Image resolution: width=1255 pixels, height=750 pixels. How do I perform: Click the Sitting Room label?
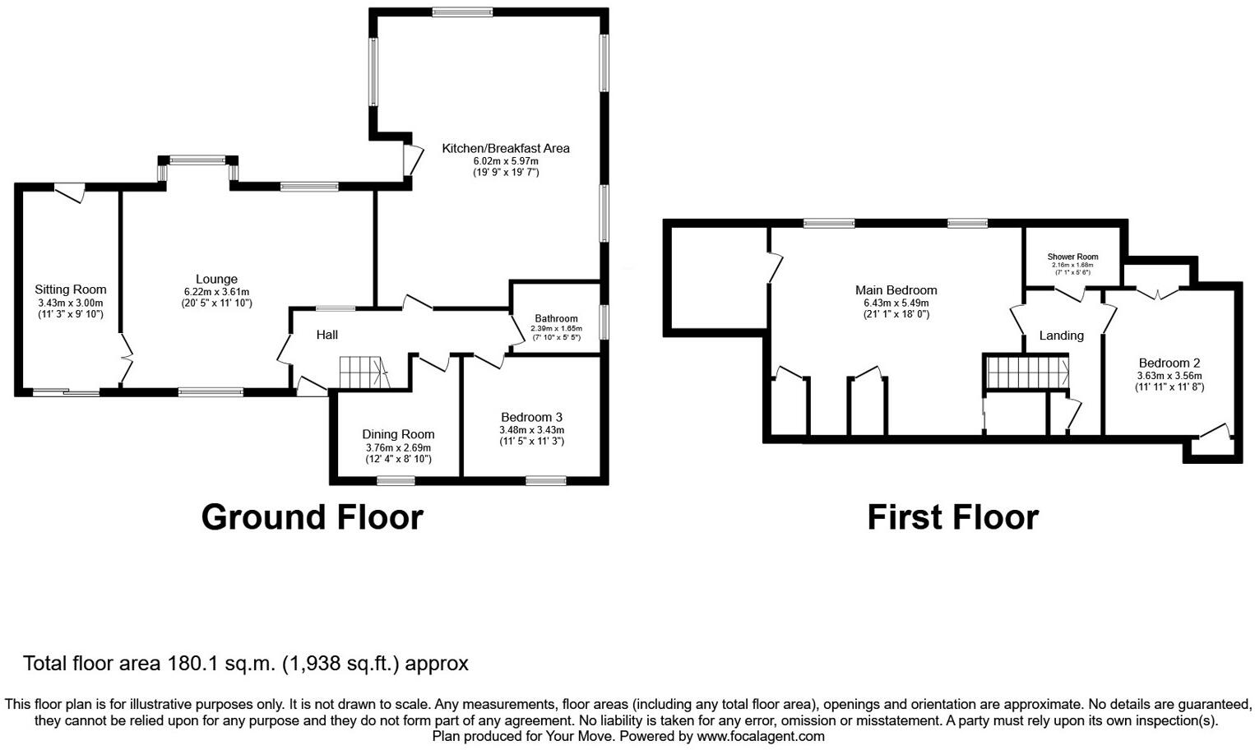71,289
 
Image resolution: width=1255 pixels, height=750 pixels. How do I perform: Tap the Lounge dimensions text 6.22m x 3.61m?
216,292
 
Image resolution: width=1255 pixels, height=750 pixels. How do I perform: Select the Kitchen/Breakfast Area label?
506,149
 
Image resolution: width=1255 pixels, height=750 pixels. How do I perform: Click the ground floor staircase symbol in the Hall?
361,373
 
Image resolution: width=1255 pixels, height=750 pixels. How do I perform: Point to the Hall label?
327,335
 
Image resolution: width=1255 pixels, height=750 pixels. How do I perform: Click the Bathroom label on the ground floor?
556,318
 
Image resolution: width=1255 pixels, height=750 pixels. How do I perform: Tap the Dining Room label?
398,434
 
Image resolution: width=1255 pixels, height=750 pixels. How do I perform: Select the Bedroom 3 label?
531,418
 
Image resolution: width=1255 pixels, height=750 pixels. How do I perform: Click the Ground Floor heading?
312,517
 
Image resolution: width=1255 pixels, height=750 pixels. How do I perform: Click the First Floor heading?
952,517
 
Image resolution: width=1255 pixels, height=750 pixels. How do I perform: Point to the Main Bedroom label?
896,290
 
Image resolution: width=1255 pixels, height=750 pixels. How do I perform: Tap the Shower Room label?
1072,257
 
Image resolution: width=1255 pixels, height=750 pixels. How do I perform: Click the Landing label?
1061,336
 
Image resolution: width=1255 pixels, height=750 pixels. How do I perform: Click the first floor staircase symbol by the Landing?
1027,372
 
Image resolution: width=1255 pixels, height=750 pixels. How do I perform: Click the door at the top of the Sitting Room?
69,191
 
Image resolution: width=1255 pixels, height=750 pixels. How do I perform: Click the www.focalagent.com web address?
760,736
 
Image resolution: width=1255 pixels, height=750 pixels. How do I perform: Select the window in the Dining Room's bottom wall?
396,480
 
